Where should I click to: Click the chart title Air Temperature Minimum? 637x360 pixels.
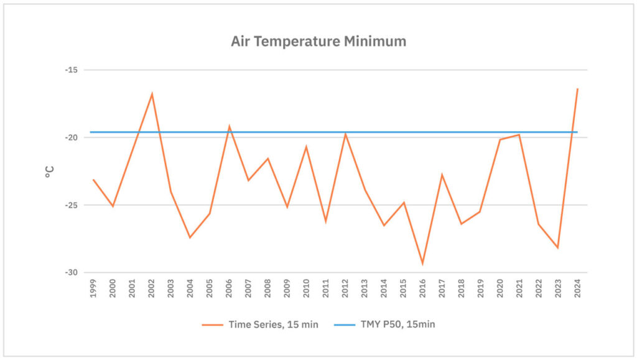(318, 42)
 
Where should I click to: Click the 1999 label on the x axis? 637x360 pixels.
(93, 288)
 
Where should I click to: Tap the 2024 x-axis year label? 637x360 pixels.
(577, 288)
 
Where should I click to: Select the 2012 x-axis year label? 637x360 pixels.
(345, 288)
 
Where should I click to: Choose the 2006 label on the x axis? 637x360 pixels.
(229, 288)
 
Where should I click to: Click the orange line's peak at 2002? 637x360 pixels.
(152, 94)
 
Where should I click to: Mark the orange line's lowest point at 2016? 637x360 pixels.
(422, 264)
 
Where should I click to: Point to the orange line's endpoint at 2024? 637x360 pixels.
(577, 89)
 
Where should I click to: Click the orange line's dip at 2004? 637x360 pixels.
(190, 238)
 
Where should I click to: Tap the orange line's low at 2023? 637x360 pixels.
(558, 247)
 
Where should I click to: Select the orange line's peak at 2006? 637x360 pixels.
(229, 126)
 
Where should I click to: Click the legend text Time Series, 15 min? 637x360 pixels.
(273, 324)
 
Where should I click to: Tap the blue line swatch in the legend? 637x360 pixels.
(346, 324)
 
